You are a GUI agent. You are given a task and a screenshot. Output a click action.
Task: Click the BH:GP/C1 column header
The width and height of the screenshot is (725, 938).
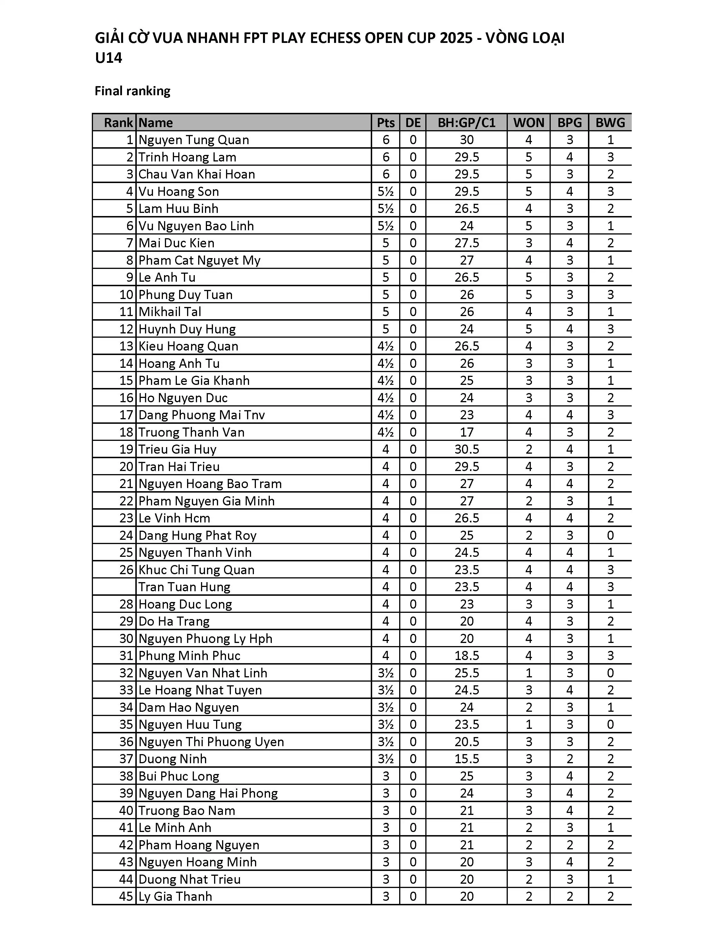click(467, 123)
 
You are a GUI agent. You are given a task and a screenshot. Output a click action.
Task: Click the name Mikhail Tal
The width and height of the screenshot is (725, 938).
click(170, 312)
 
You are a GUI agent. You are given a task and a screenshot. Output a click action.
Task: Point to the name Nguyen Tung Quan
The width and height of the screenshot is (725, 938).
click(194, 140)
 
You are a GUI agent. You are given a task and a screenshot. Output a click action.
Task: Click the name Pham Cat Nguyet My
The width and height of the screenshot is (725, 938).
click(199, 260)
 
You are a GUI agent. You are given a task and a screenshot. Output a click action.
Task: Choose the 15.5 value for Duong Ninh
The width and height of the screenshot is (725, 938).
click(467, 759)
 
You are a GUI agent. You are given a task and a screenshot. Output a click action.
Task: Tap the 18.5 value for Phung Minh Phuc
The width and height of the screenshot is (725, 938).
click(467, 656)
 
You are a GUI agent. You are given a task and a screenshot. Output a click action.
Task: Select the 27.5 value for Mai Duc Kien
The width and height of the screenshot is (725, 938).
click(467, 243)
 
